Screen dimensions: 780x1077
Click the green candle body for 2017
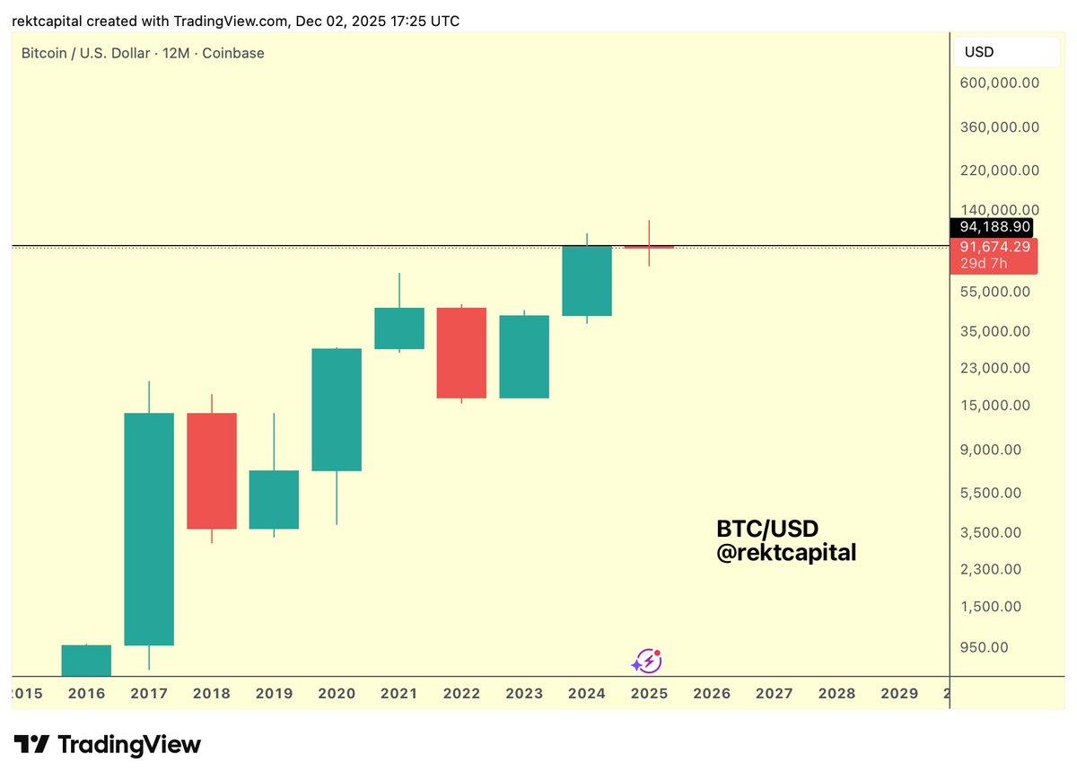(x=149, y=529)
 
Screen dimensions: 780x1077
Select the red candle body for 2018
(x=212, y=470)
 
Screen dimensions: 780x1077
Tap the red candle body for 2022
(x=461, y=353)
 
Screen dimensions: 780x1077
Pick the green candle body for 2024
(x=587, y=281)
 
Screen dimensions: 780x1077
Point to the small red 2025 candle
(x=649, y=247)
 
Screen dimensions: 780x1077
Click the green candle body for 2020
(x=337, y=409)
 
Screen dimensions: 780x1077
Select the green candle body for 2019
(x=274, y=500)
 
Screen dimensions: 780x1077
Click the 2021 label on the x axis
(x=398, y=693)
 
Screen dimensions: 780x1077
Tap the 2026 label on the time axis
(x=712, y=693)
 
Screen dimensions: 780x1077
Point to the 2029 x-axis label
(x=899, y=693)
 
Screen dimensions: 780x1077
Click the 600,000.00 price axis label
(x=999, y=83)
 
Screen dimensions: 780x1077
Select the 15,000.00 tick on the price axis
(x=995, y=405)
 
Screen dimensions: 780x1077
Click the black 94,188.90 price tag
(x=994, y=226)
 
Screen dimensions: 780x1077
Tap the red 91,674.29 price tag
(x=994, y=246)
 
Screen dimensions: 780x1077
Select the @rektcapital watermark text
(x=785, y=553)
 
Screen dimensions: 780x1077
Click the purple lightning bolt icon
(x=646, y=662)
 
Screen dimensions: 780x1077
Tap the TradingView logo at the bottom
(x=108, y=744)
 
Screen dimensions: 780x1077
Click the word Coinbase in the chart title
(x=233, y=53)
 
